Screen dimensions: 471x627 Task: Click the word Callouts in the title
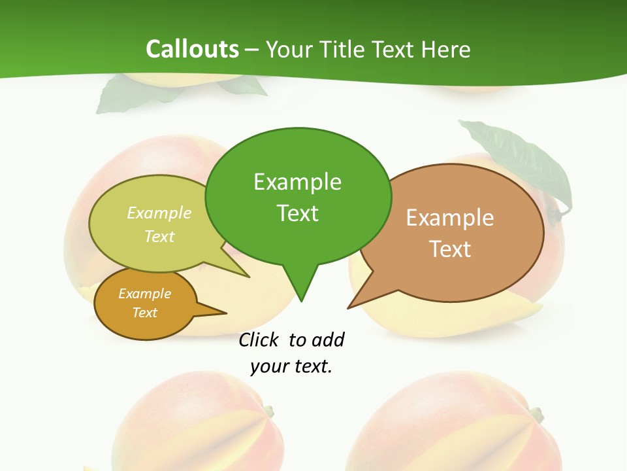(x=192, y=49)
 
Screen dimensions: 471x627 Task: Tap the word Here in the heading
(x=446, y=49)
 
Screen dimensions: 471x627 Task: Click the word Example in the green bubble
(x=297, y=182)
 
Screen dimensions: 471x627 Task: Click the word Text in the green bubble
(x=297, y=213)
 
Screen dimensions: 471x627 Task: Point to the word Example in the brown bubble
(x=450, y=218)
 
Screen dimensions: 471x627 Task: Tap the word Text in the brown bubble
(x=450, y=249)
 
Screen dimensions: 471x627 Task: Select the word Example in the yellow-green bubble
(x=159, y=213)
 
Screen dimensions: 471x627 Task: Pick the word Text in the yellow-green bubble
(x=159, y=236)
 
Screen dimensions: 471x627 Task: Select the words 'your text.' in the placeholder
(x=291, y=367)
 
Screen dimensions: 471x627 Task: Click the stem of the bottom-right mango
(x=536, y=414)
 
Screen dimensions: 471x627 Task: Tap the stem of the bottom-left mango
(x=267, y=411)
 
